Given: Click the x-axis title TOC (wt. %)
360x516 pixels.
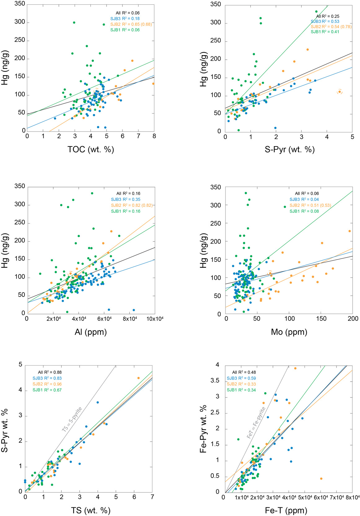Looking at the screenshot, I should pos(91,150).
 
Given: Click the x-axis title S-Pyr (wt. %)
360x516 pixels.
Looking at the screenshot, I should pos(290,150).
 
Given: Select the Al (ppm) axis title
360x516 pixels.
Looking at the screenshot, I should pos(90,332).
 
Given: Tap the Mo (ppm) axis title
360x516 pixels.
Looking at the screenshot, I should pos(289,332).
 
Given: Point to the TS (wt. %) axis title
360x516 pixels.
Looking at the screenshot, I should pos(90,510).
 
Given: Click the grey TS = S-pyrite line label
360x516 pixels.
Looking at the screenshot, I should pos(72,419).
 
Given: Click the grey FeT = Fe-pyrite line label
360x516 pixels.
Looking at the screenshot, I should pos(256,422).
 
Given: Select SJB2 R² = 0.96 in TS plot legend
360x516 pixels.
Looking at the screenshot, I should pos(47,384).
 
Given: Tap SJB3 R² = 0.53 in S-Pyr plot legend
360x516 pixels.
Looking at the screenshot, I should pos(325,22).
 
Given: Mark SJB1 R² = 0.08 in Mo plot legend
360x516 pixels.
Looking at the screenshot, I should pos(304,211).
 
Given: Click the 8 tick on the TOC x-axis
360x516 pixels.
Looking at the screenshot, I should pos(154,136).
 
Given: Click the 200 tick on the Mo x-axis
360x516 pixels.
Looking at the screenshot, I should pos(353,319).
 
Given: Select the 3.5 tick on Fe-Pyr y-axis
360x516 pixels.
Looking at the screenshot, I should pos(215,381).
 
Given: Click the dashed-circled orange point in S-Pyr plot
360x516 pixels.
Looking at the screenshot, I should pos(340,92).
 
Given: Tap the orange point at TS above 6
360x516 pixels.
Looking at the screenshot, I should pos(138,378).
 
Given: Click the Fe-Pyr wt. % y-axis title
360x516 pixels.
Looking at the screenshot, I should pos(203,429).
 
